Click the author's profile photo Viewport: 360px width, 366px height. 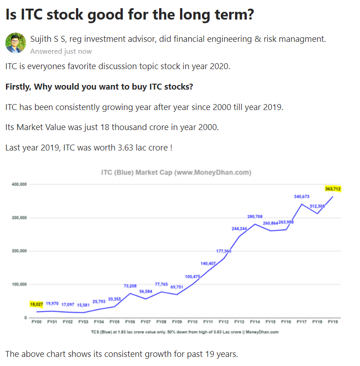coord(15,43)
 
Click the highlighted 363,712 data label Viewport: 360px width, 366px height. coord(333,189)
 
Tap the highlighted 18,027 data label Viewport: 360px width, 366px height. coord(36,304)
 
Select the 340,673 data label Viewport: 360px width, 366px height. coord(302,196)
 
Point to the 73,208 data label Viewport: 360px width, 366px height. coord(130,286)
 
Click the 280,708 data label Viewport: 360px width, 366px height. coord(255,216)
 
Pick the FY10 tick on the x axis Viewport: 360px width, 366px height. coord(192,321)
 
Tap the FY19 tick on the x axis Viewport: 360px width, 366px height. coord(333,321)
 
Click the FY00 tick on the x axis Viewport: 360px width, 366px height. coord(36,321)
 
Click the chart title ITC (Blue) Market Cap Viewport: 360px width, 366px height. coord(176,173)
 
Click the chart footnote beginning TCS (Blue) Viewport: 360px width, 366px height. coord(185,332)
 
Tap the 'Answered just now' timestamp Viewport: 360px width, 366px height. coord(61,51)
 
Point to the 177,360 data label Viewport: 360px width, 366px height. coord(224,251)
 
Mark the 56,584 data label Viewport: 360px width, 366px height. coord(145,291)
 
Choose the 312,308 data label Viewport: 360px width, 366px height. coord(317,206)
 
